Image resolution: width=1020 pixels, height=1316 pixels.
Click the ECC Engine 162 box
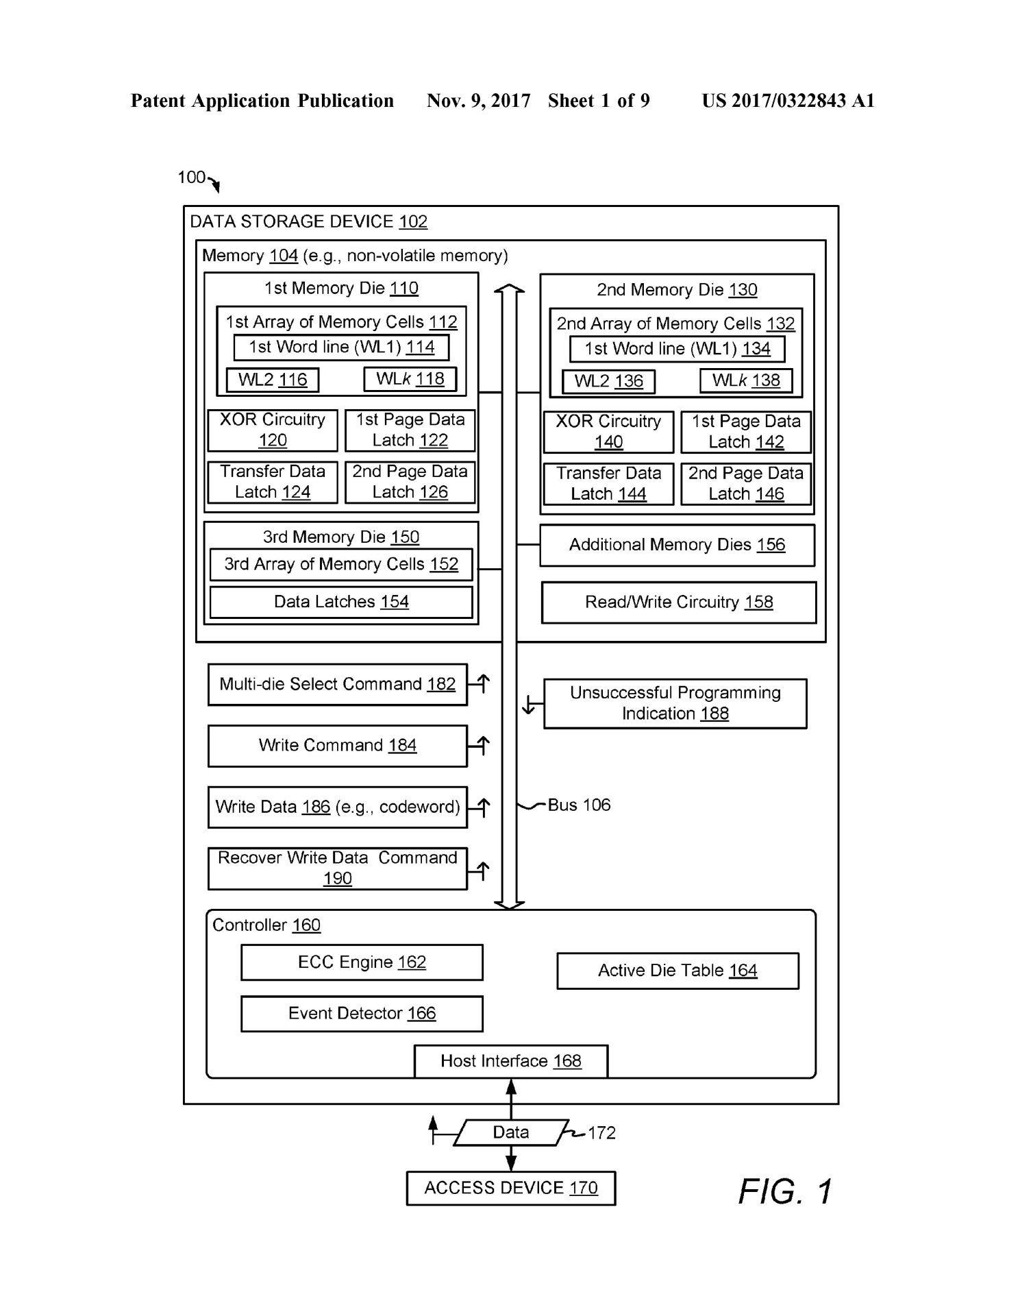(362, 962)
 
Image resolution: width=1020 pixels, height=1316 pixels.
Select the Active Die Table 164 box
(677, 971)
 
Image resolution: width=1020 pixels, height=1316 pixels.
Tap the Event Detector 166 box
(362, 1013)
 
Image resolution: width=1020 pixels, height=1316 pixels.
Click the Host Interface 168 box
(511, 1061)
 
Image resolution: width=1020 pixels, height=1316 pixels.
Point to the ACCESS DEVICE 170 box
(511, 1188)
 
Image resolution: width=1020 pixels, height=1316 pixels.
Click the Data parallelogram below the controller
(511, 1132)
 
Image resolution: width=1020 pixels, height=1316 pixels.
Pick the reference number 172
(601, 1133)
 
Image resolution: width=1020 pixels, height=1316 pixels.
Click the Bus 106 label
(579, 805)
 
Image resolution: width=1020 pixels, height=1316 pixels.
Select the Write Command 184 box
(338, 746)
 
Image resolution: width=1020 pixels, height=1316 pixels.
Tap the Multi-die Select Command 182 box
(338, 684)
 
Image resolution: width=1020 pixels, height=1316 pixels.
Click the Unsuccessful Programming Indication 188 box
(675, 703)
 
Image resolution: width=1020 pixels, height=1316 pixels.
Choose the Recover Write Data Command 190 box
(338, 868)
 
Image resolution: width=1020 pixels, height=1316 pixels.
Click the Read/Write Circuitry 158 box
(679, 602)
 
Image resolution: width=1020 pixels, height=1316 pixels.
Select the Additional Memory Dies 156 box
(677, 545)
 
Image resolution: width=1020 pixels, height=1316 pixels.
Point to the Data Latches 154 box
(341, 602)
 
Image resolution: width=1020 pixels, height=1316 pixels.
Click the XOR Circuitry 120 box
(273, 430)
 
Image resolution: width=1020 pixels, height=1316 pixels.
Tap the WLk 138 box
(746, 380)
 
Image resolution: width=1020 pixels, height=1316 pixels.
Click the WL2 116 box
(273, 380)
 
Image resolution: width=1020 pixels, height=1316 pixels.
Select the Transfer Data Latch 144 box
(608, 484)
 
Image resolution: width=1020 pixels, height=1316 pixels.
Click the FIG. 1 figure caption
(785, 1191)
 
